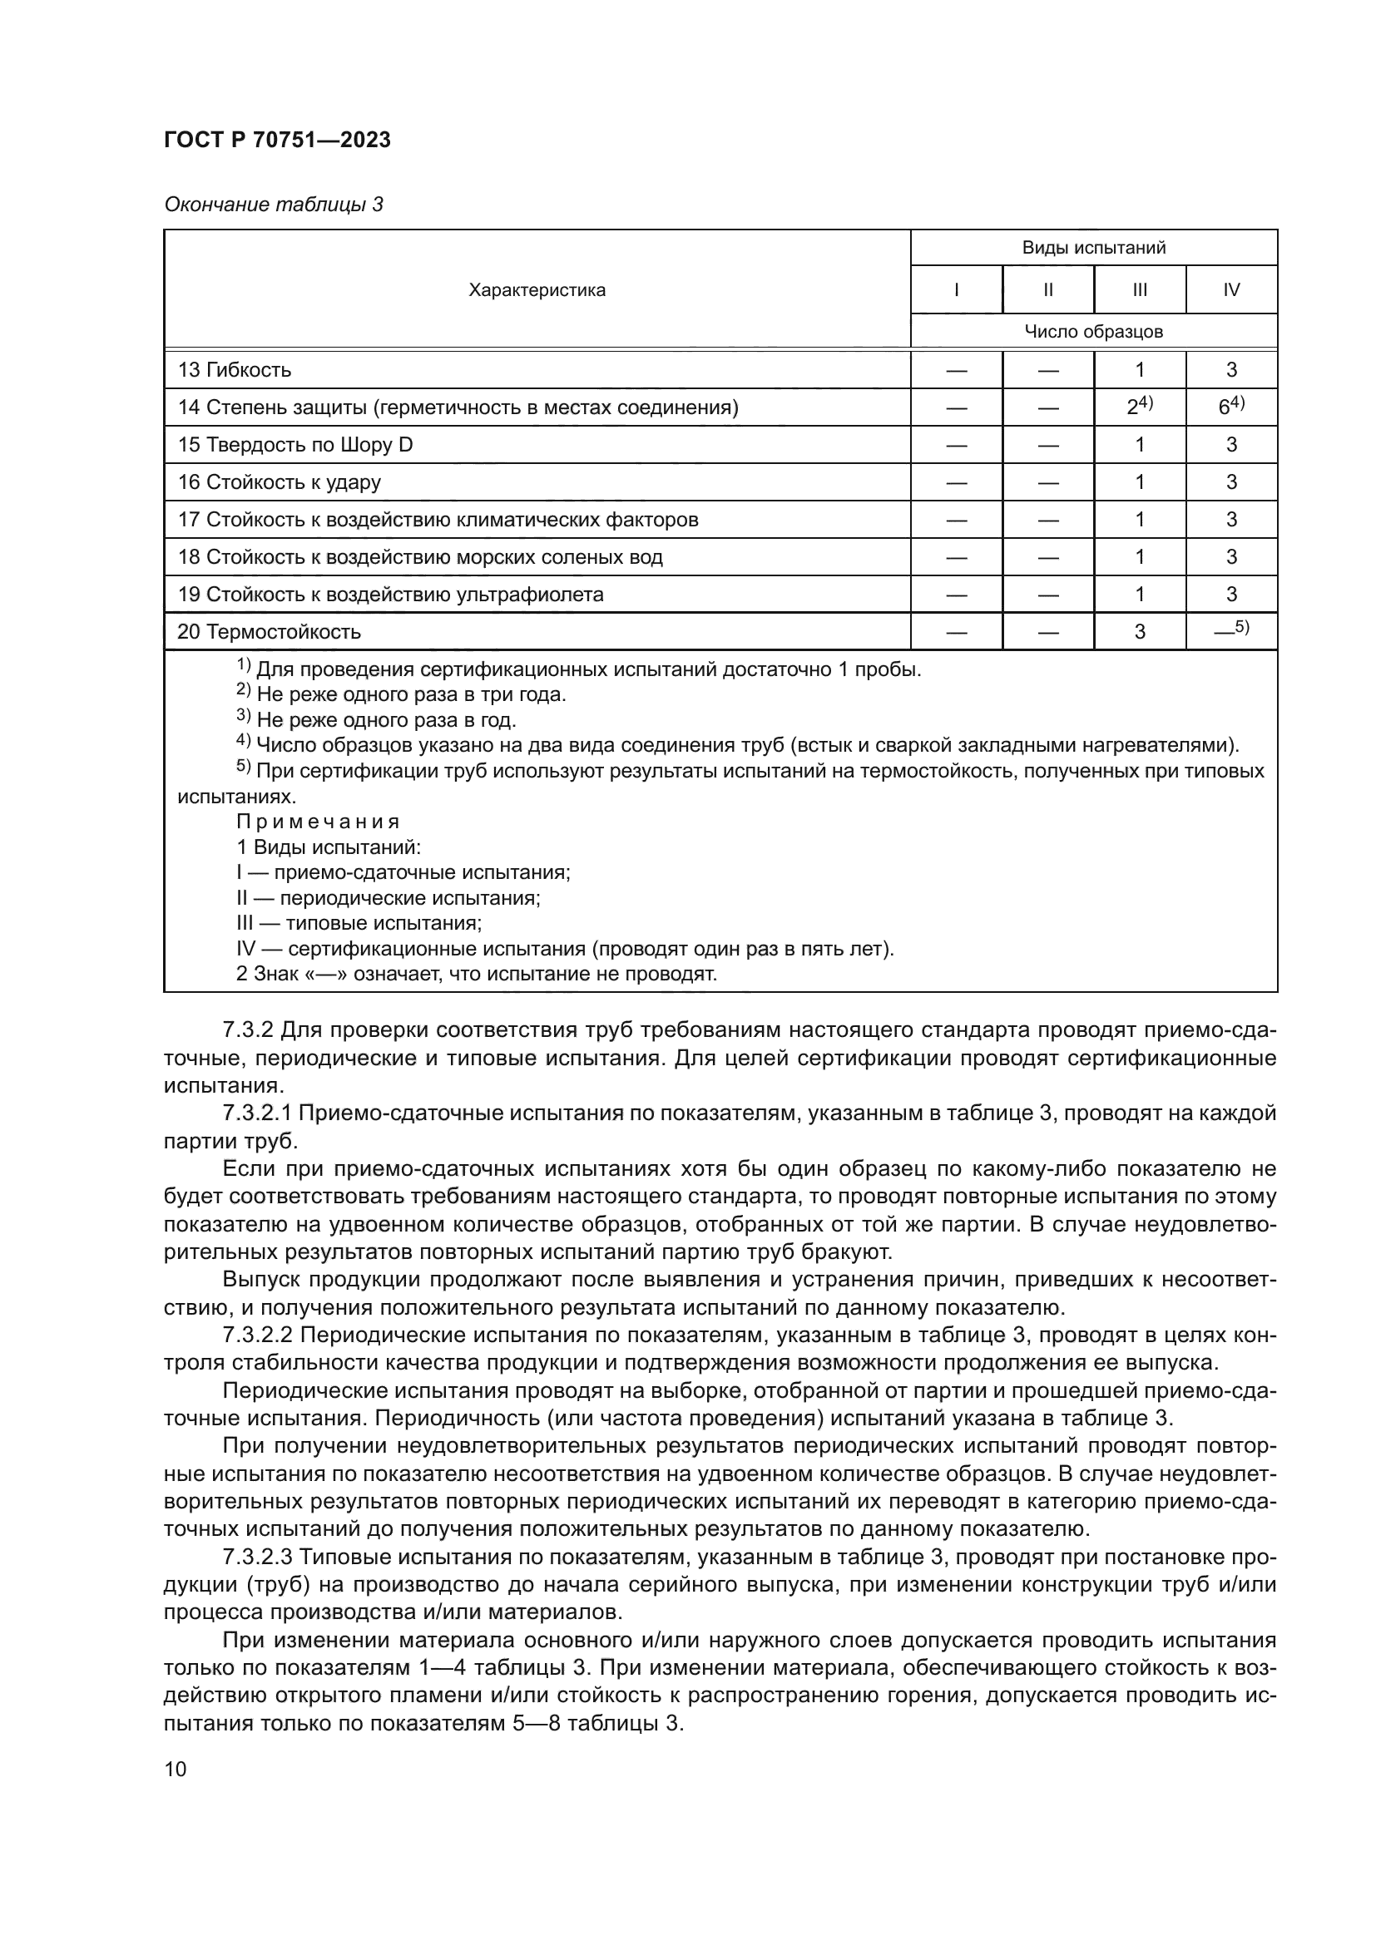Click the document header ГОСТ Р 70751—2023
pyautogui.click(x=277, y=141)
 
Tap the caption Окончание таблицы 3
pyautogui.click(x=273, y=205)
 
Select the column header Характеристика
pyautogui.click(x=537, y=290)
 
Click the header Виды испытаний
pyautogui.click(x=1093, y=248)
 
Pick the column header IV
pyautogui.click(x=1231, y=290)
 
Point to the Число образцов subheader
pyautogui.click(x=1093, y=332)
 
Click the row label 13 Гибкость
pyautogui.click(x=235, y=370)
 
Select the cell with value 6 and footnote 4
pyautogui.click(x=1231, y=407)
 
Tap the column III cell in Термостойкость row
pyautogui.click(x=1140, y=632)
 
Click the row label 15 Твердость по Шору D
pyautogui.click(x=295, y=445)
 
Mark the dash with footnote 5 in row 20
pyautogui.click(x=1231, y=630)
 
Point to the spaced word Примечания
pyautogui.click(x=318, y=822)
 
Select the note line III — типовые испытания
pyautogui.click(x=359, y=923)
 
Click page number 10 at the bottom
pyautogui.click(x=176, y=1769)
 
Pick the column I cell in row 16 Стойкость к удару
pyautogui.click(x=956, y=483)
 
